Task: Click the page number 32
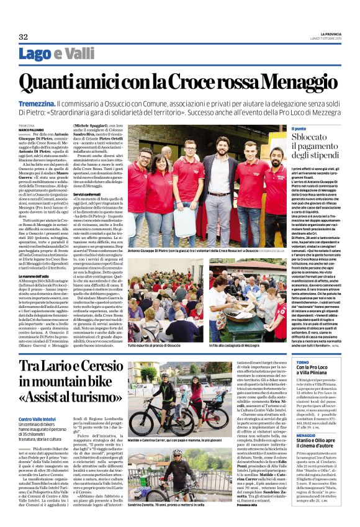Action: [x=23, y=37]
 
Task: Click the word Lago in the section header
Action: [x=36, y=55]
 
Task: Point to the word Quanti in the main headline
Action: [x=50, y=83]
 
